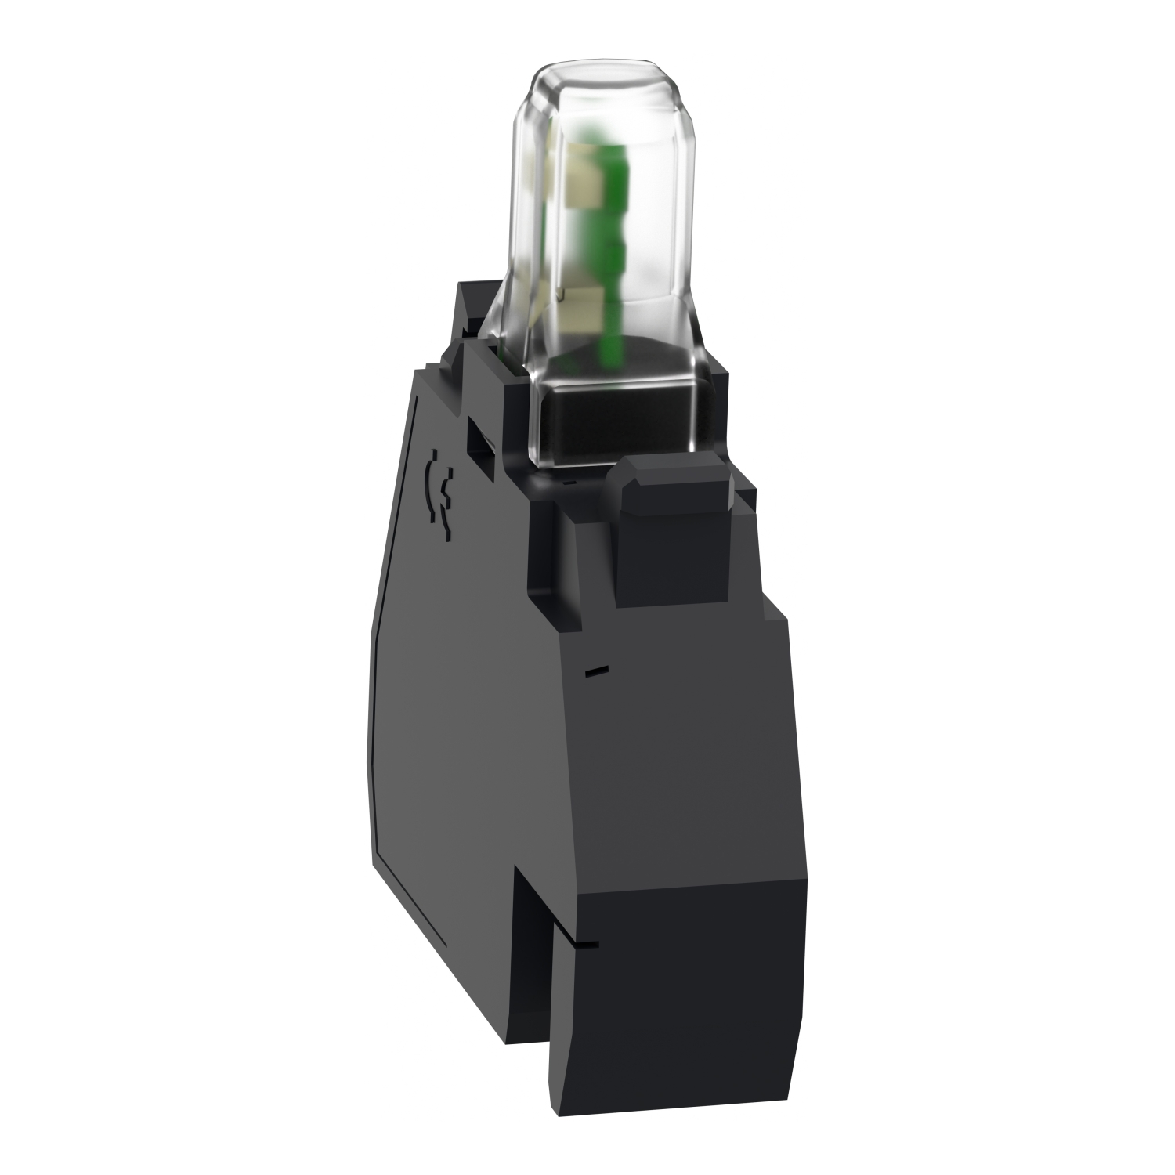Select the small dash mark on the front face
pos(597,670)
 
